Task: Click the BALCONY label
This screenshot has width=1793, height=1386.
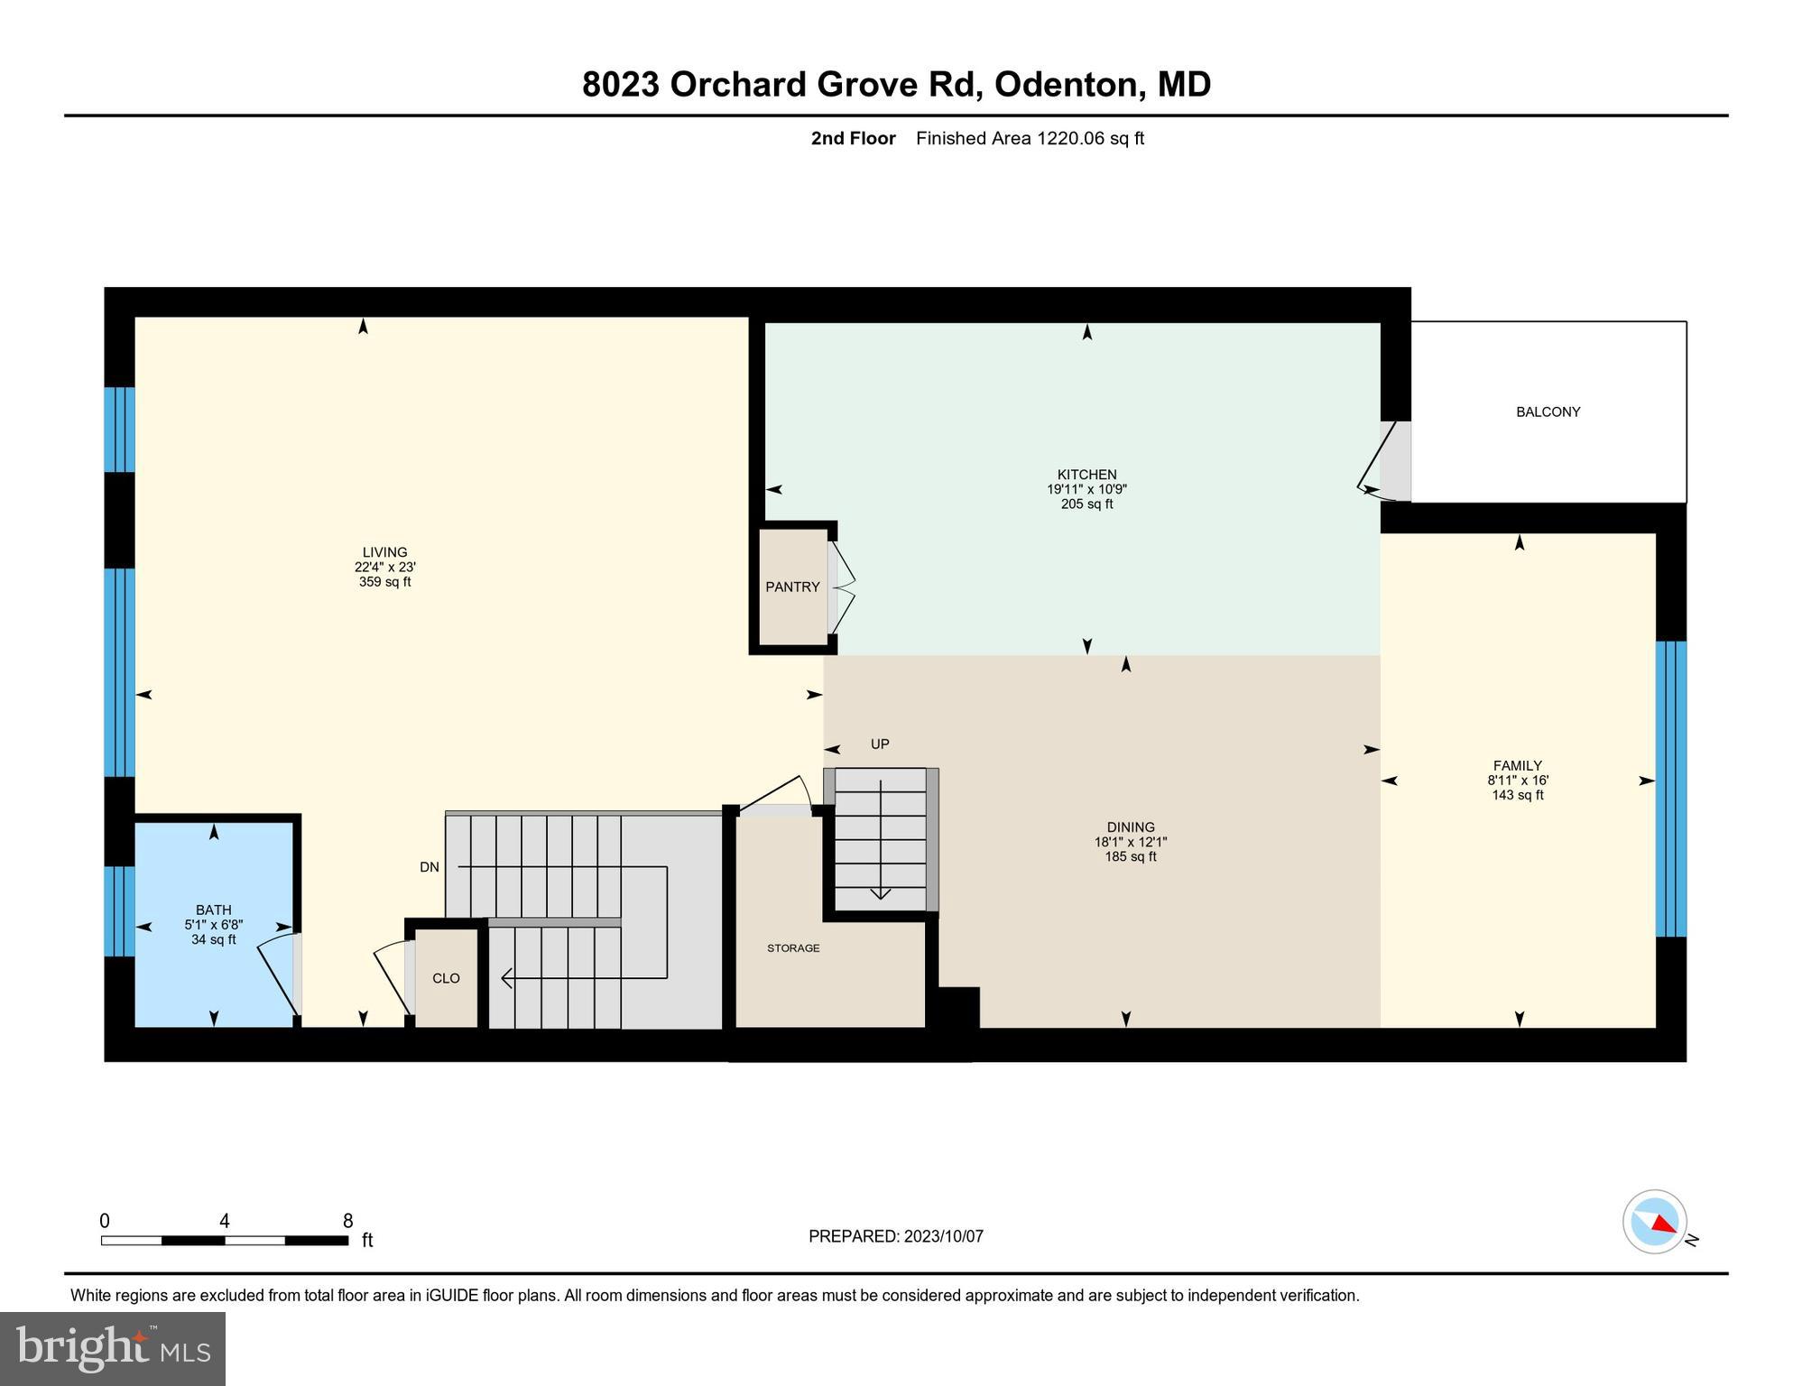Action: (1548, 411)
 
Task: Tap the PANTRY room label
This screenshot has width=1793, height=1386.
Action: (792, 587)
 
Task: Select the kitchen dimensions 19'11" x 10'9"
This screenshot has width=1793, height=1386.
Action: (1086, 489)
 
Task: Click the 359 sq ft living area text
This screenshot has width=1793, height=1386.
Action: (384, 582)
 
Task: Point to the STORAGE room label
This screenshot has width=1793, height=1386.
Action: (793, 947)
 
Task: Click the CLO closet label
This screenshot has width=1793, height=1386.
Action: (446, 978)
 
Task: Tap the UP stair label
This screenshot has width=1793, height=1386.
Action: (880, 744)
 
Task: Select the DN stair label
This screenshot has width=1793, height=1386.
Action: (430, 867)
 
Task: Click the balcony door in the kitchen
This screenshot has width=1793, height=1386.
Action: (1382, 461)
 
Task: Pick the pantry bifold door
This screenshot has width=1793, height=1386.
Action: (841, 587)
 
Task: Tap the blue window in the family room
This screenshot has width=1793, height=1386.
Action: (1670, 789)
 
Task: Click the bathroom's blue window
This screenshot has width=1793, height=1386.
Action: (119, 910)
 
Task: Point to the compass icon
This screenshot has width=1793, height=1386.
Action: (1655, 1222)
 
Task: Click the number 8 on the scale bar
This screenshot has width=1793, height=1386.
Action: (347, 1221)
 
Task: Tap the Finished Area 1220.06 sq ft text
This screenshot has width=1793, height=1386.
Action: (1030, 138)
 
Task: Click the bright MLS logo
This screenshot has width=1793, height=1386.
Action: (113, 1348)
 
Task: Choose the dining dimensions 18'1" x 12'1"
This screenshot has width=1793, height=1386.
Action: (1130, 842)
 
